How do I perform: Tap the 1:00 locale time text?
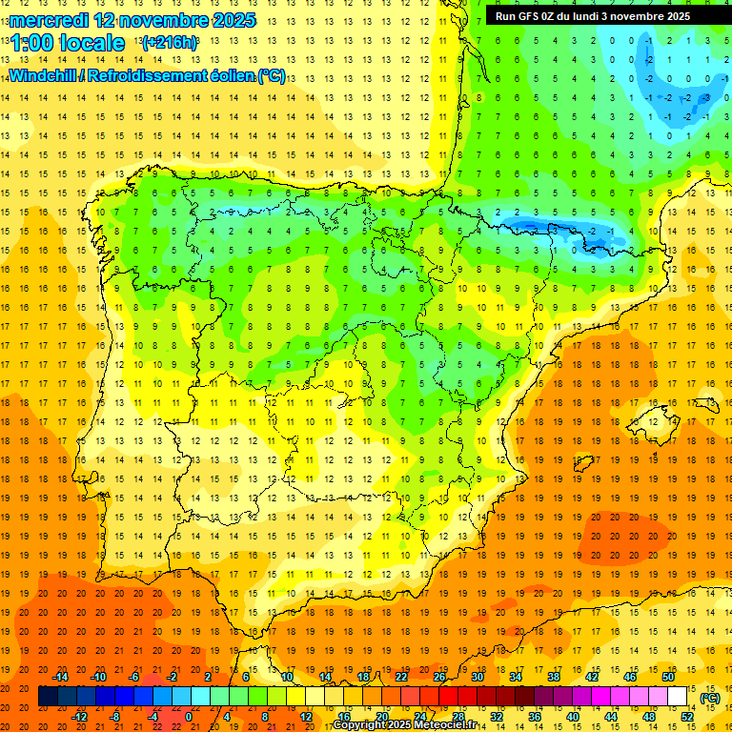pos(67,43)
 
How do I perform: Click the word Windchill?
pos(44,75)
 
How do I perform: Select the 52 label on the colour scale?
pos(686,717)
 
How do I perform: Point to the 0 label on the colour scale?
pos(189,717)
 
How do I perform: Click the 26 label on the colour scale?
pos(439,677)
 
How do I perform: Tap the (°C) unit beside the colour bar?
pos(710,698)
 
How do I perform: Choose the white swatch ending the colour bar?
pos(677,697)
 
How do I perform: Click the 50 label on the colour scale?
pos(668,677)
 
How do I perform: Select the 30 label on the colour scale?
pos(477,677)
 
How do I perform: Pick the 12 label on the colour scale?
pos(305,717)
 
